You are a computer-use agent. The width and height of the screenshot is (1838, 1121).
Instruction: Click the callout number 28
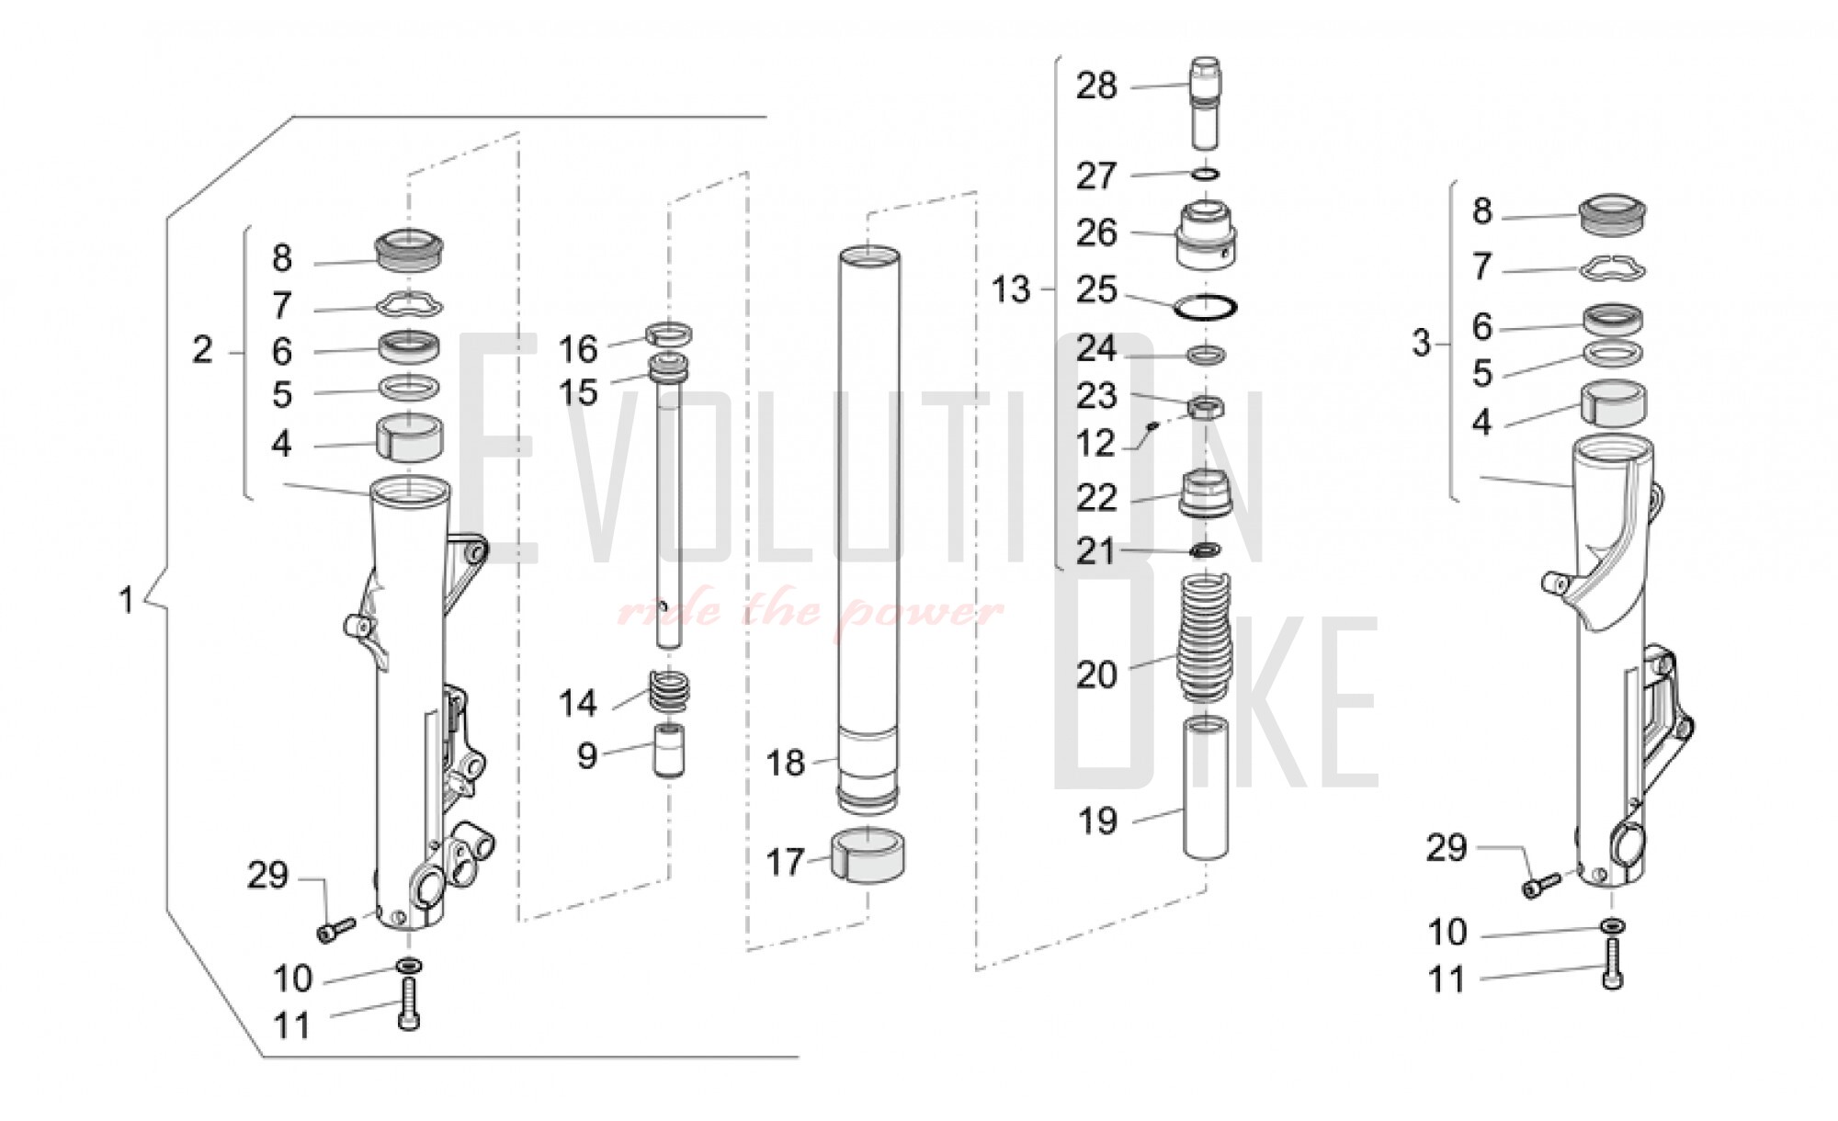click(x=1095, y=86)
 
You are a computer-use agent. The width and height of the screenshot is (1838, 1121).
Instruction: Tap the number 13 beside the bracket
click(x=1011, y=289)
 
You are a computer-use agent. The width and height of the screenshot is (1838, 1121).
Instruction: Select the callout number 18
click(x=786, y=763)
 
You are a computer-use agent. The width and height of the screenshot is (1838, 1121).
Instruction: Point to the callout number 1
click(x=127, y=601)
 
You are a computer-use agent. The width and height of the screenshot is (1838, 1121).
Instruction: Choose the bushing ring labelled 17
click(x=868, y=855)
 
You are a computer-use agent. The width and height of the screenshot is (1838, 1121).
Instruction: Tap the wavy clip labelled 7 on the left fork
click(x=410, y=303)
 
